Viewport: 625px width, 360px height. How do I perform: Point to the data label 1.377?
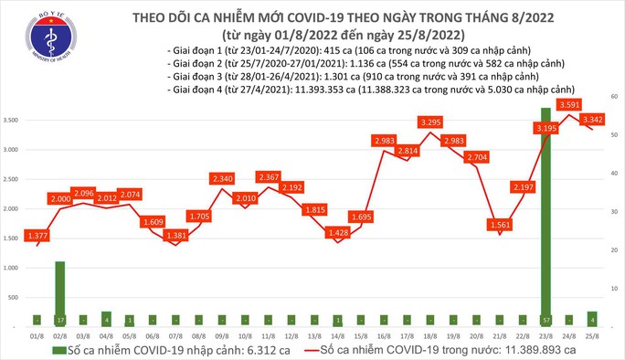(37, 235)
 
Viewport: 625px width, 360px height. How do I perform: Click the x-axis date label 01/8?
(37, 334)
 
